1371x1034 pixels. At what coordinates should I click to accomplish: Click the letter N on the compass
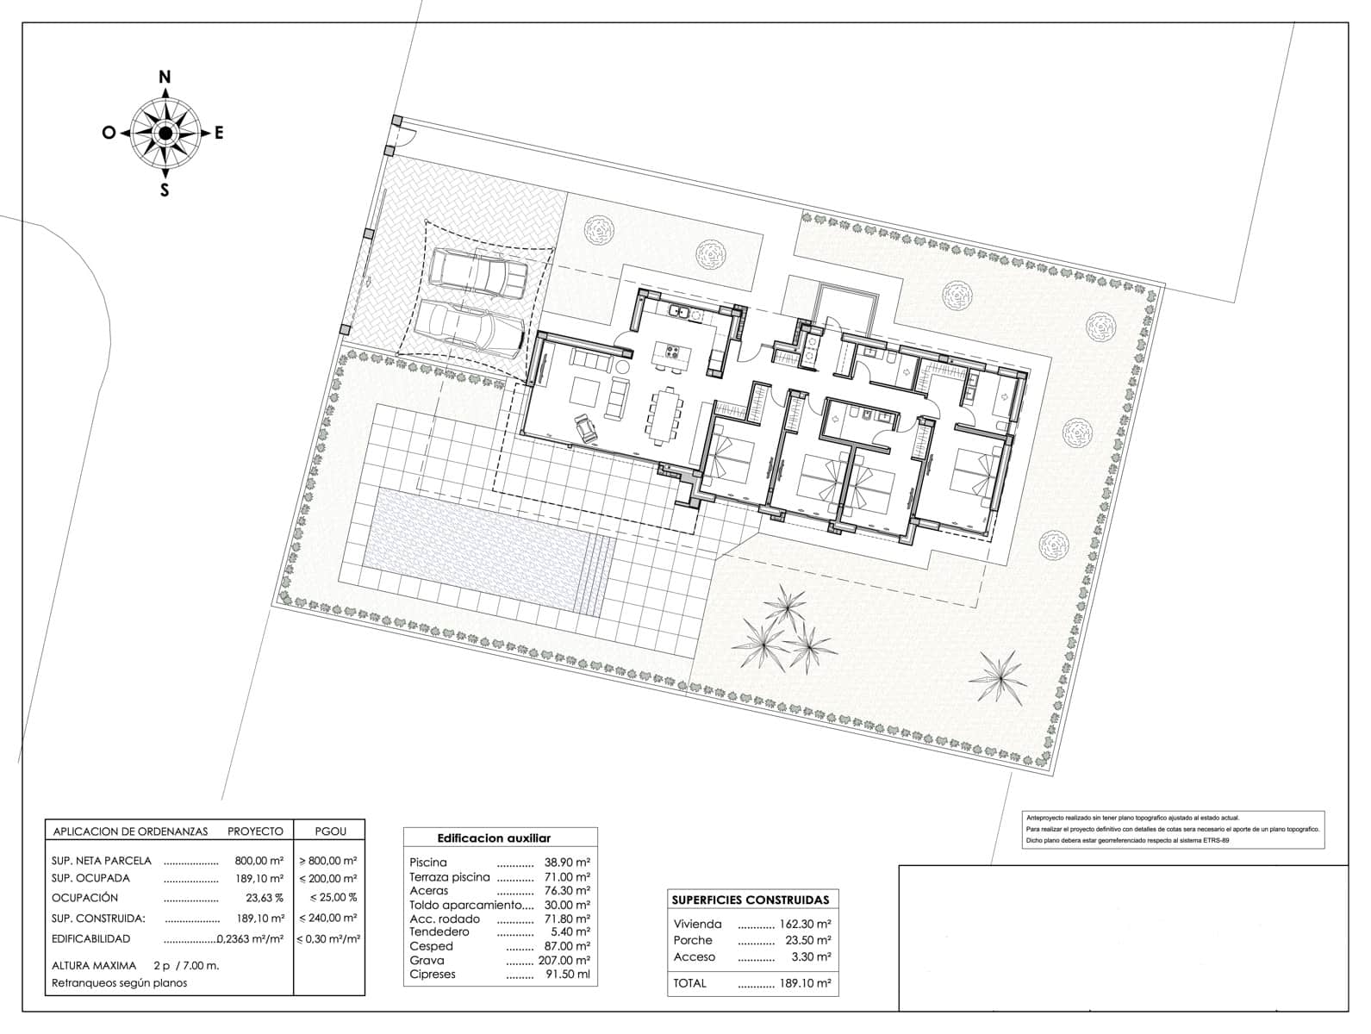click(x=165, y=77)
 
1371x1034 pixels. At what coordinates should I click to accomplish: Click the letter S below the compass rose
click(x=165, y=191)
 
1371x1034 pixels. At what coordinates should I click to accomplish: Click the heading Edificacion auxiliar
click(x=494, y=838)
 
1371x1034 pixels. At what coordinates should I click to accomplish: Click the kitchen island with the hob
click(x=669, y=353)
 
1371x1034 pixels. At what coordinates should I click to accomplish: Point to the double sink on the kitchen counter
click(x=684, y=315)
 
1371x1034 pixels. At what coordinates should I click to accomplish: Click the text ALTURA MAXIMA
click(x=94, y=966)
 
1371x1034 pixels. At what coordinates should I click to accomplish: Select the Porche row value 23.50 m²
click(x=809, y=941)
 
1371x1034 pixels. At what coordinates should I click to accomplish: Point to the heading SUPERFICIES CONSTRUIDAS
click(x=750, y=900)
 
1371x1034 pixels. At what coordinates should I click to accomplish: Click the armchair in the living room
click(x=586, y=426)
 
